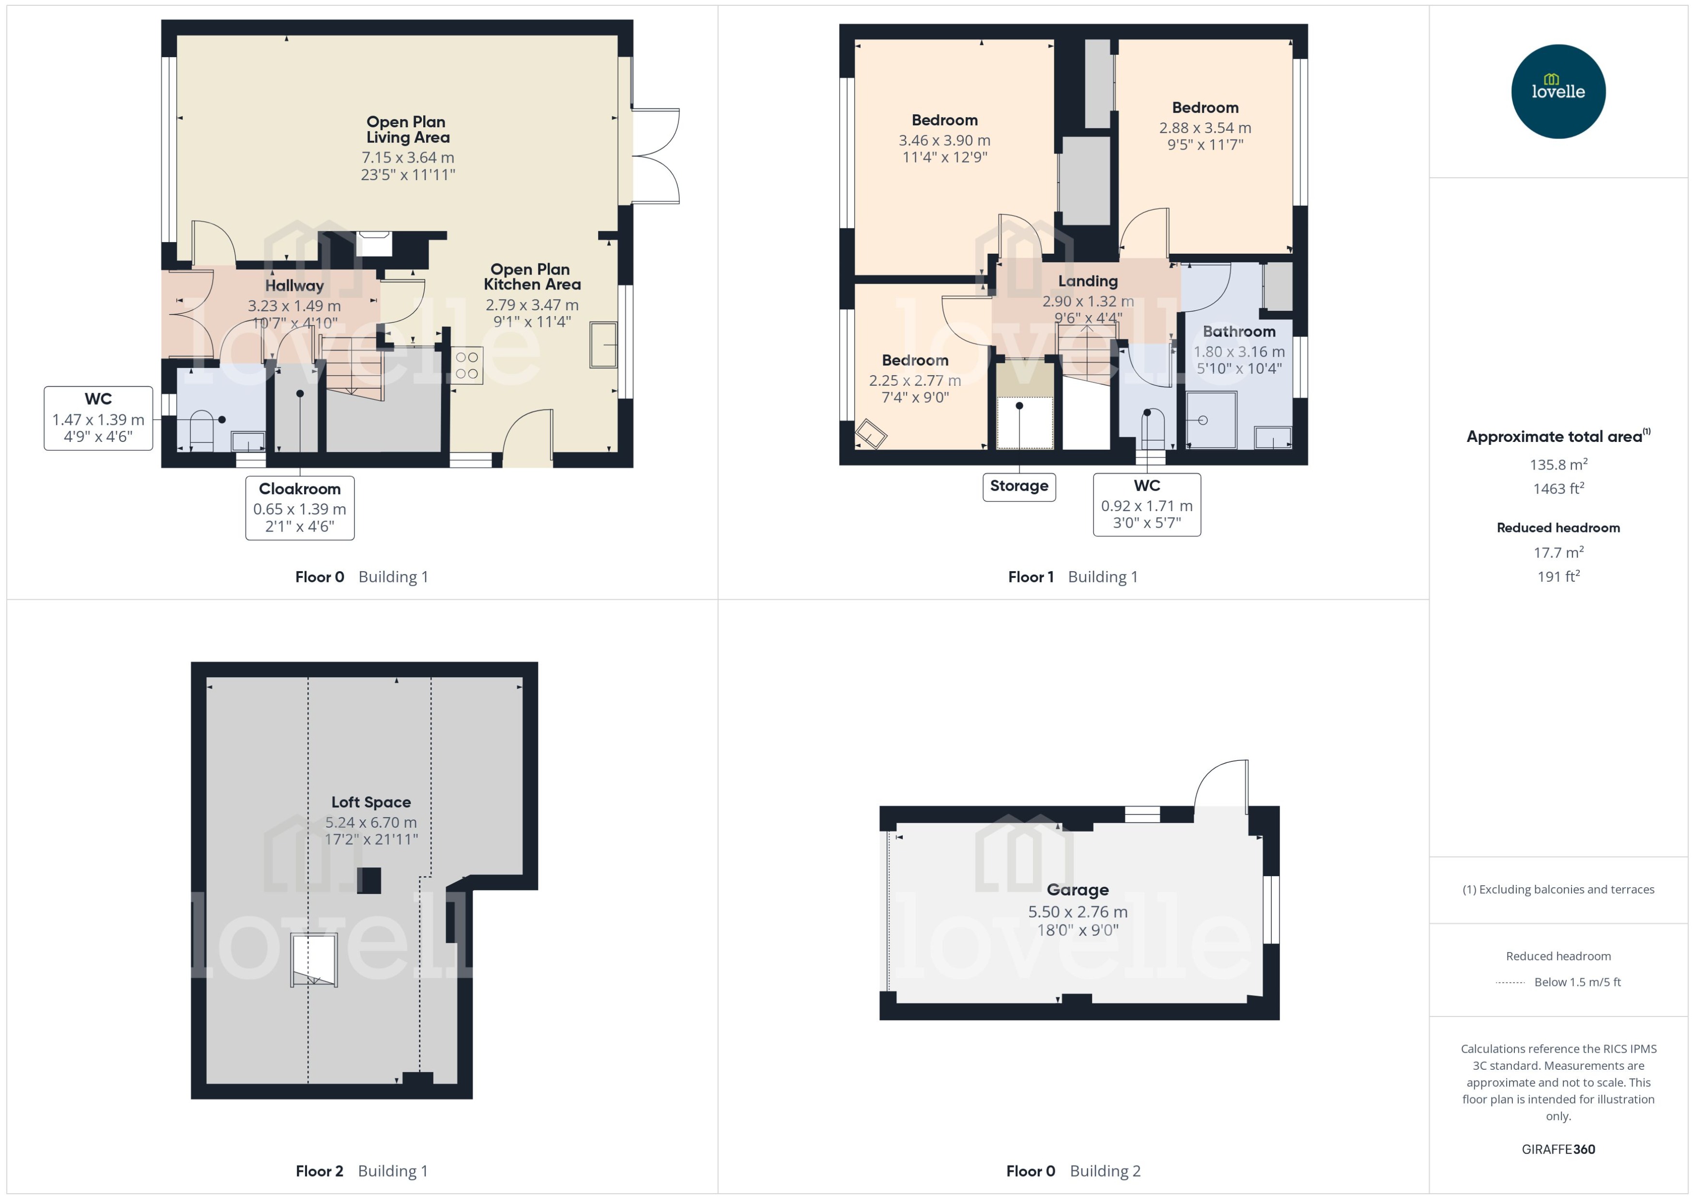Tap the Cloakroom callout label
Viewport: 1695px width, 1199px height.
coord(299,507)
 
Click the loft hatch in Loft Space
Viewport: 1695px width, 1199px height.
coord(314,960)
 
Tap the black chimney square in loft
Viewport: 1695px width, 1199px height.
coord(369,881)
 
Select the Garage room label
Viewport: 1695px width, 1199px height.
coord(1077,890)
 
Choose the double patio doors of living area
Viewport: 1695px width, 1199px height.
coord(656,156)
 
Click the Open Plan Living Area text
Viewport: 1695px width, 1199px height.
coord(407,129)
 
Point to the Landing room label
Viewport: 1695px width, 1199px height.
coord(1087,281)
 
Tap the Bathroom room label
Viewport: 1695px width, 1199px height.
coord(1239,332)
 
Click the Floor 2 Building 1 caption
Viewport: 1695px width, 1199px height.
coord(361,1171)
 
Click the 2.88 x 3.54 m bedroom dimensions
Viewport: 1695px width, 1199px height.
coord(1204,128)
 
